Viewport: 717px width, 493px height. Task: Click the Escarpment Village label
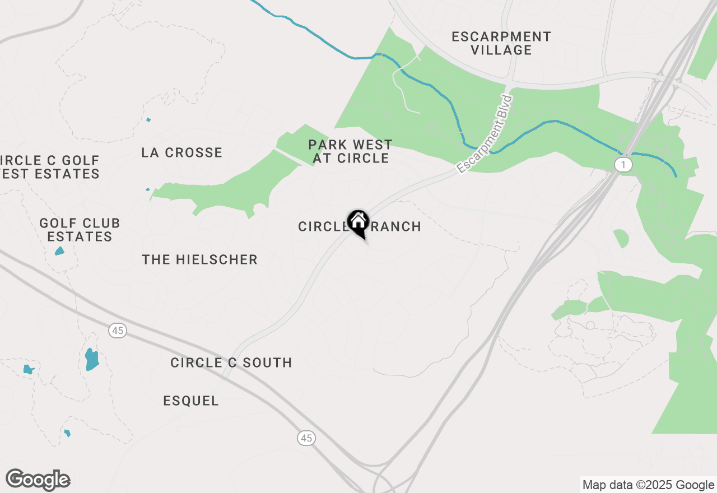coord(501,43)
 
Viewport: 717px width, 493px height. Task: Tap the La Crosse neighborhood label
coord(182,152)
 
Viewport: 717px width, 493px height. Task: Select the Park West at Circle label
coord(351,152)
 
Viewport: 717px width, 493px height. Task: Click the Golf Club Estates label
coord(80,230)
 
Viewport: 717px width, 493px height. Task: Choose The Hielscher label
coord(199,259)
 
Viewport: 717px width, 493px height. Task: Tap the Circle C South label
coord(231,362)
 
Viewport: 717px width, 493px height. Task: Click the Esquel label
coord(191,401)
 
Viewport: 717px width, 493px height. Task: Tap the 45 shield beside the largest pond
coord(117,331)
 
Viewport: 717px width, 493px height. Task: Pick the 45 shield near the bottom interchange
coord(306,438)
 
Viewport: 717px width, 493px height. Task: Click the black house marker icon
coord(358,222)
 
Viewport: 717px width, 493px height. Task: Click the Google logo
coord(38,480)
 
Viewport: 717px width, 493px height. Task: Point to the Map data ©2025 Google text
coord(648,485)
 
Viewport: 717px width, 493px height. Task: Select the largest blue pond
coord(92,359)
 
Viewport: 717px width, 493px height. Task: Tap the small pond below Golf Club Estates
coord(59,251)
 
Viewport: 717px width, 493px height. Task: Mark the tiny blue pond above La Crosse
coord(148,119)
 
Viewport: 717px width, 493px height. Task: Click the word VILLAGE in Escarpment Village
coord(501,50)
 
